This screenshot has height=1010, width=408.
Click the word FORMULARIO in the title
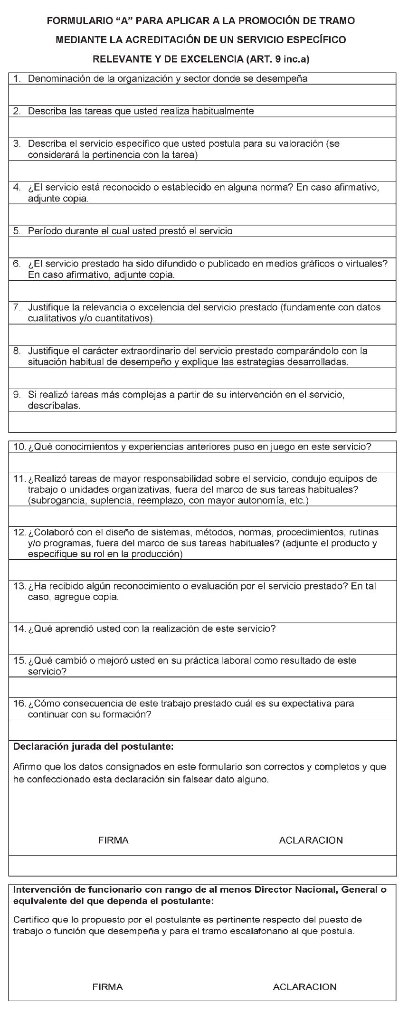(x=78, y=21)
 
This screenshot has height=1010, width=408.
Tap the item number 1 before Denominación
(x=17, y=79)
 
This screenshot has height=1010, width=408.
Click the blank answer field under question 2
(x=202, y=127)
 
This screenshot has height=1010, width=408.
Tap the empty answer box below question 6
(x=202, y=290)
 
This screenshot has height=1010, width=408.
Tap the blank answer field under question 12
(x=202, y=570)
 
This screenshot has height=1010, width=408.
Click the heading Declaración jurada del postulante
(x=94, y=747)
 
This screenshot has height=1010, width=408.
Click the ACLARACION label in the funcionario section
(x=304, y=987)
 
